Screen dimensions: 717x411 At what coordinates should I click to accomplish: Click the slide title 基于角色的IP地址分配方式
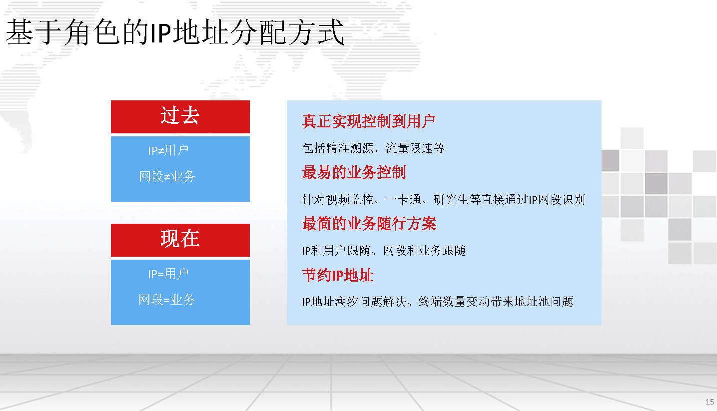175,32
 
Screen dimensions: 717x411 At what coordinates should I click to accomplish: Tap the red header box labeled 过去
180,117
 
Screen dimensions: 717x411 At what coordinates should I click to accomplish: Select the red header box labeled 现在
180,240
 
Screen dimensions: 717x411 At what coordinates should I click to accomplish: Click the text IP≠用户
168,150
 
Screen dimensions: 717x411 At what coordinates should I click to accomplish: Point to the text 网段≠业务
167,176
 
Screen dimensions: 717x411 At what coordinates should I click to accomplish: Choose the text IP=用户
168,274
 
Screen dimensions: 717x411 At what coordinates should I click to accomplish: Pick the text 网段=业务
167,300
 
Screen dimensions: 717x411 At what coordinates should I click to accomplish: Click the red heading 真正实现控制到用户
369,121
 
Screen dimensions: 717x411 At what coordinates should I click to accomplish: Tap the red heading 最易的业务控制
354,172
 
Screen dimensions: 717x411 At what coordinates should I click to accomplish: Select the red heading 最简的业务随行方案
369,223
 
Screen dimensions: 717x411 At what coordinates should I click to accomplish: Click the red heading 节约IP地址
338,275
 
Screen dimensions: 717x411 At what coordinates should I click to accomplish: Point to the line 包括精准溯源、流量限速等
374,148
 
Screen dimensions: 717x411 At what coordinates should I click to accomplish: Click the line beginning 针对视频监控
444,200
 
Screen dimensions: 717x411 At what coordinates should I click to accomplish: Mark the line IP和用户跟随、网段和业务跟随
384,250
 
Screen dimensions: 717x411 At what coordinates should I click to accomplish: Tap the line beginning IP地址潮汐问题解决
438,302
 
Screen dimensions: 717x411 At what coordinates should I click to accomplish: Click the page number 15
710,402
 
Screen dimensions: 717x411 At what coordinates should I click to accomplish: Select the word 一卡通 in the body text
403,200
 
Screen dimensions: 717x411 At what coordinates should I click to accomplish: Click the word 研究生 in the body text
451,200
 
